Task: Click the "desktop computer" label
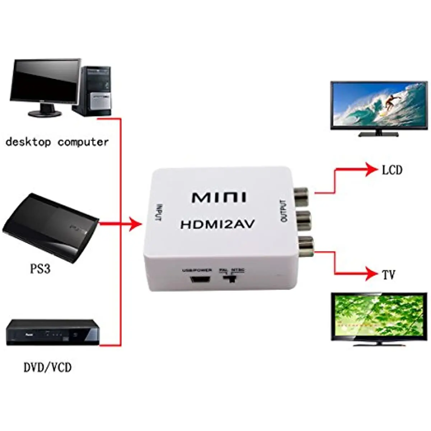[x=57, y=142]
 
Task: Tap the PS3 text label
[x=40, y=269]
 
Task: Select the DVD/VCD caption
[x=47, y=367]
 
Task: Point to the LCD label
[x=392, y=170]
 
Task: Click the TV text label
[x=388, y=275]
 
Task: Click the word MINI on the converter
[x=219, y=198]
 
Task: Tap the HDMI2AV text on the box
[x=217, y=224]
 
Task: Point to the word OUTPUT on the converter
[x=283, y=211]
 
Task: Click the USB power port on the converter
[x=197, y=279]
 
